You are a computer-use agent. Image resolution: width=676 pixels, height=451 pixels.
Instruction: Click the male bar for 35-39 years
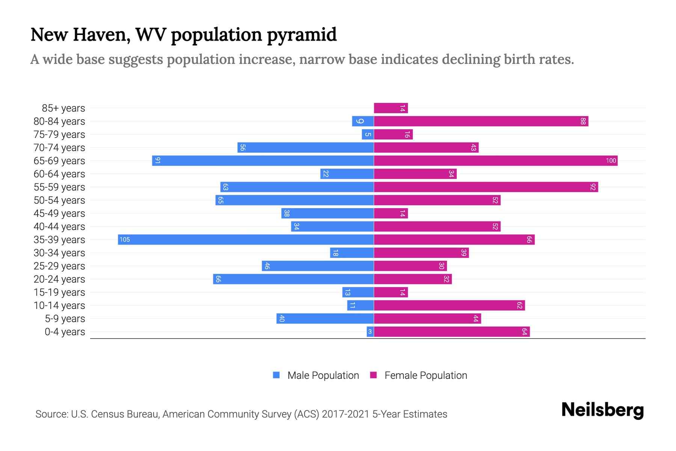pos(246,240)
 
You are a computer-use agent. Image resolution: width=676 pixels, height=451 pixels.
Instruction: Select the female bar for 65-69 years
pos(496,161)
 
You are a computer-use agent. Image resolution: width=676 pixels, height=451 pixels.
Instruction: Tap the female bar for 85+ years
pos(391,108)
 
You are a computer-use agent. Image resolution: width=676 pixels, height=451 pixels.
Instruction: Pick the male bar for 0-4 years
pos(370,332)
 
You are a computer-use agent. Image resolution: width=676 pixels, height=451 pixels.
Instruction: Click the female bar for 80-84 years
pos(481,121)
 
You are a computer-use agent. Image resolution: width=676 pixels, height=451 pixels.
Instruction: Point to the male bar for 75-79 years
pos(368,135)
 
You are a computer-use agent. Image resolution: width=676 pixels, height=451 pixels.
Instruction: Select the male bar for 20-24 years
pos(293,279)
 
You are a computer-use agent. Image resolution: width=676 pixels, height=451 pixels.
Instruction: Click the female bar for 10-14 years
pos(449,306)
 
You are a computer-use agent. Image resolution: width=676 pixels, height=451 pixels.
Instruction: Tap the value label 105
pos(125,240)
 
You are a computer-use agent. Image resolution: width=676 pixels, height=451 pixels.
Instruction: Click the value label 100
pos(611,161)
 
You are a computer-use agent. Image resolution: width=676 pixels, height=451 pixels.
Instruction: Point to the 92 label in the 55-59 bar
pos(593,187)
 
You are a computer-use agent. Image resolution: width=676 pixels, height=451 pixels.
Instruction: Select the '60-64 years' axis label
pos(59,174)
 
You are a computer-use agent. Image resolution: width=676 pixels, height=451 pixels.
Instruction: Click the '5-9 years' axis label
pos(65,319)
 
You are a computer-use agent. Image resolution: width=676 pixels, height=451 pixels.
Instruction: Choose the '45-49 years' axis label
pos(59,213)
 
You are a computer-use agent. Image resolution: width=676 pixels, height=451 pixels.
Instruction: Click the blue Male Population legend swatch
pos(276,375)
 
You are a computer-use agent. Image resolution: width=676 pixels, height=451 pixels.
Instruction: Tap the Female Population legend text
pos(426,375)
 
